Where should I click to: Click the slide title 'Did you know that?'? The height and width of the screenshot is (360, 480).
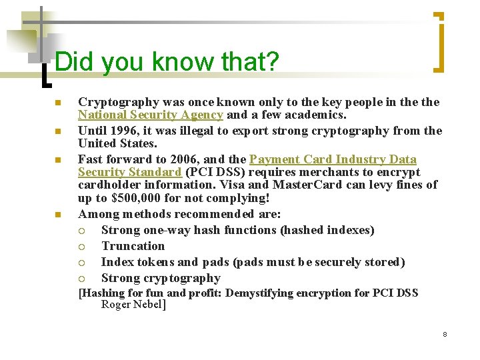point(167,62)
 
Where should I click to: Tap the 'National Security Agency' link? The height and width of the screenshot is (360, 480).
point(150,115)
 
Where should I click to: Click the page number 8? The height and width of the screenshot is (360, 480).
point(445,333)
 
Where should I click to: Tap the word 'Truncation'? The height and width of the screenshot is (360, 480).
point(133,246)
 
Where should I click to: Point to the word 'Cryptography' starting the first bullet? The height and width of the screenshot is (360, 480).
point(118,102)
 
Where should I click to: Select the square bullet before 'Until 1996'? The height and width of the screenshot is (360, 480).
point(58,131)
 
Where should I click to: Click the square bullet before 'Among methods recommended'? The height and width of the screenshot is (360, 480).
point(58,215)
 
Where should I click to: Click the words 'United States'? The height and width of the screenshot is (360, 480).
point(117,143)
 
